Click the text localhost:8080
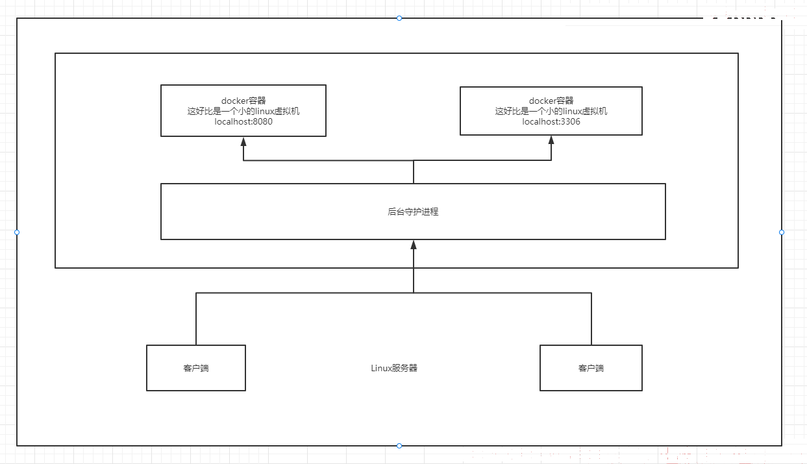pos(243,122)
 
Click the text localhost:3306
pos(551,122)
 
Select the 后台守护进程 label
pos(413,212)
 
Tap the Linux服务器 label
pos(394,368)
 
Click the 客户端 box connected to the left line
pos(196,368)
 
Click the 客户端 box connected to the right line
pos(591,368)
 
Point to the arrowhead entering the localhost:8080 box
pos(243,141)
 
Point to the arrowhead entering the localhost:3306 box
pos(551,140)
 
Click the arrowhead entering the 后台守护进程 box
pos(414,245)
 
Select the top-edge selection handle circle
pos(399,18)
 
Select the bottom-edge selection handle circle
pos(399,446)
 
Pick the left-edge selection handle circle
pos(17,232)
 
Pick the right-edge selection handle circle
pos(782,232)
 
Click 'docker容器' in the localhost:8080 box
pos(243,101)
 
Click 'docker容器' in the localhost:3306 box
pos(551,101)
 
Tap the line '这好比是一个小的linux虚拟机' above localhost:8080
pos(243,112)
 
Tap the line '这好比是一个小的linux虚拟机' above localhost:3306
pos(551,112)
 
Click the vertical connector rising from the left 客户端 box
pos(196,319)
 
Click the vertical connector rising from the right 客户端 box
pos(591,319)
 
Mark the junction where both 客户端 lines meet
pos(414,293)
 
